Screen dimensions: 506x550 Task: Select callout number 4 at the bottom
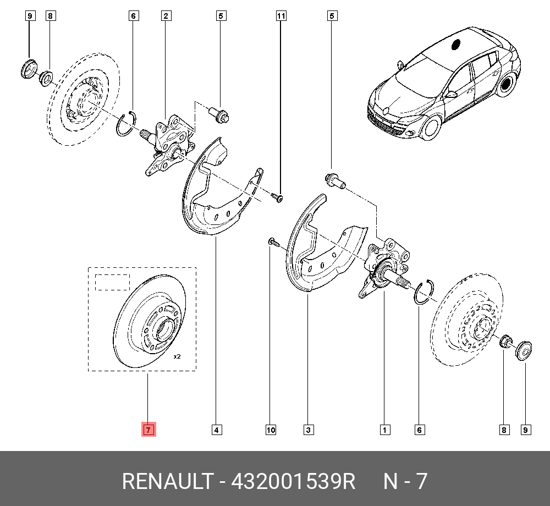click(217, 430)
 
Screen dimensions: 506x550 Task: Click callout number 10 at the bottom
click(271, 430)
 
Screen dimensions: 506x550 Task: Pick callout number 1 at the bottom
click(384, 430)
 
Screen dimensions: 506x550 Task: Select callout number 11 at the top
click(281, 16)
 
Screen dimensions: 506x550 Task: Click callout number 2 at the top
click(165, 16)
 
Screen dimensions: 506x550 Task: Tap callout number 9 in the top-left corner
click(30, 16)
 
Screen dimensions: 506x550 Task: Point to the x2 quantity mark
click(177, 357)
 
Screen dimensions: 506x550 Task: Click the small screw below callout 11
click(277, 196)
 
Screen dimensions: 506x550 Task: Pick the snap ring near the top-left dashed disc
click(126, 123)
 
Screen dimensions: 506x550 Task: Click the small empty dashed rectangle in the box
click(112, 282)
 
